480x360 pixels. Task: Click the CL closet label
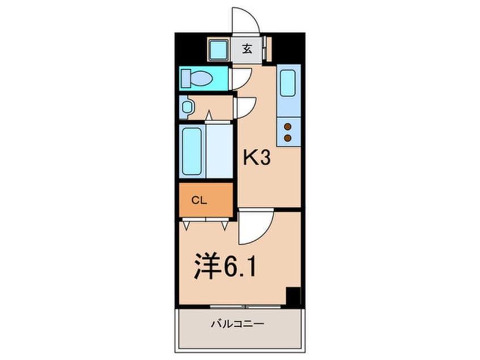197,199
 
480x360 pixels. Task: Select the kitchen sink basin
288,83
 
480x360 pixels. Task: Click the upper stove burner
288,126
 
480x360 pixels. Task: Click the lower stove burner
288,137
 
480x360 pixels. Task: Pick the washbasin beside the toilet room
187,106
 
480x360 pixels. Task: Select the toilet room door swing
241,78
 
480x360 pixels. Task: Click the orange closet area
206,199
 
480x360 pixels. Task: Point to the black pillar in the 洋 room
293,296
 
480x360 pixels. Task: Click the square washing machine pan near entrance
218,49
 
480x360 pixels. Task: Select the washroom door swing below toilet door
245,107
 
